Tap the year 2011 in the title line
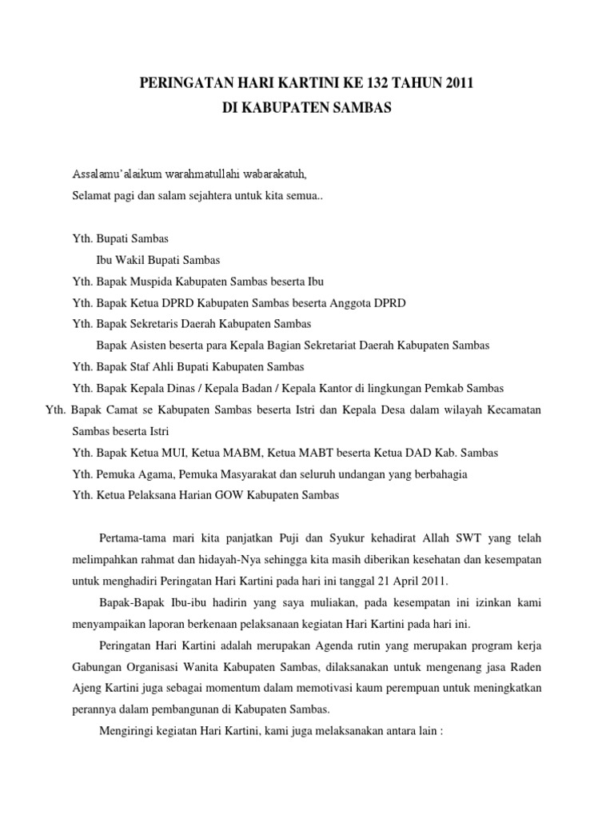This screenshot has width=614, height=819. tap(460, 82)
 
